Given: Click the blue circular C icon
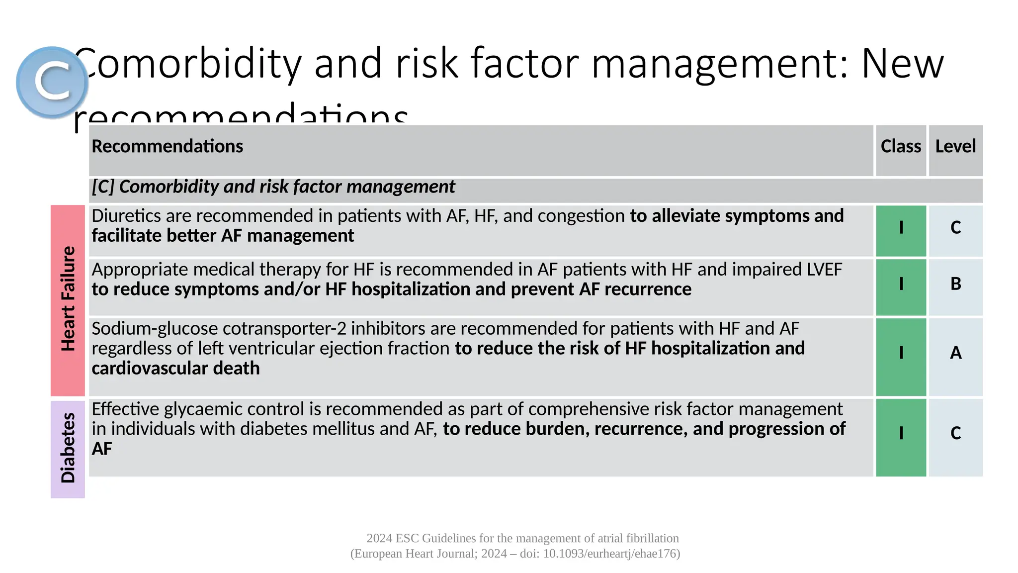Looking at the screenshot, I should [52, 82].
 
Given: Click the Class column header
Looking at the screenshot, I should [901, 147].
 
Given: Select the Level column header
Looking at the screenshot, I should [955, 147].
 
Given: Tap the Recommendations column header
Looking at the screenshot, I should [168, 147].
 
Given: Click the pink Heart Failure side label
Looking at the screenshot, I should [68, 299].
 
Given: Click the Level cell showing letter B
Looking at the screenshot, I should [955, 284].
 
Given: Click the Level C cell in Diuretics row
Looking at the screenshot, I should [955, 228].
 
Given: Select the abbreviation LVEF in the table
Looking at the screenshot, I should [824, 270].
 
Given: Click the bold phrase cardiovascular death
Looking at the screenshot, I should [175, 369].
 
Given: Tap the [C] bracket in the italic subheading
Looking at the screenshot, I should [103, 187].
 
